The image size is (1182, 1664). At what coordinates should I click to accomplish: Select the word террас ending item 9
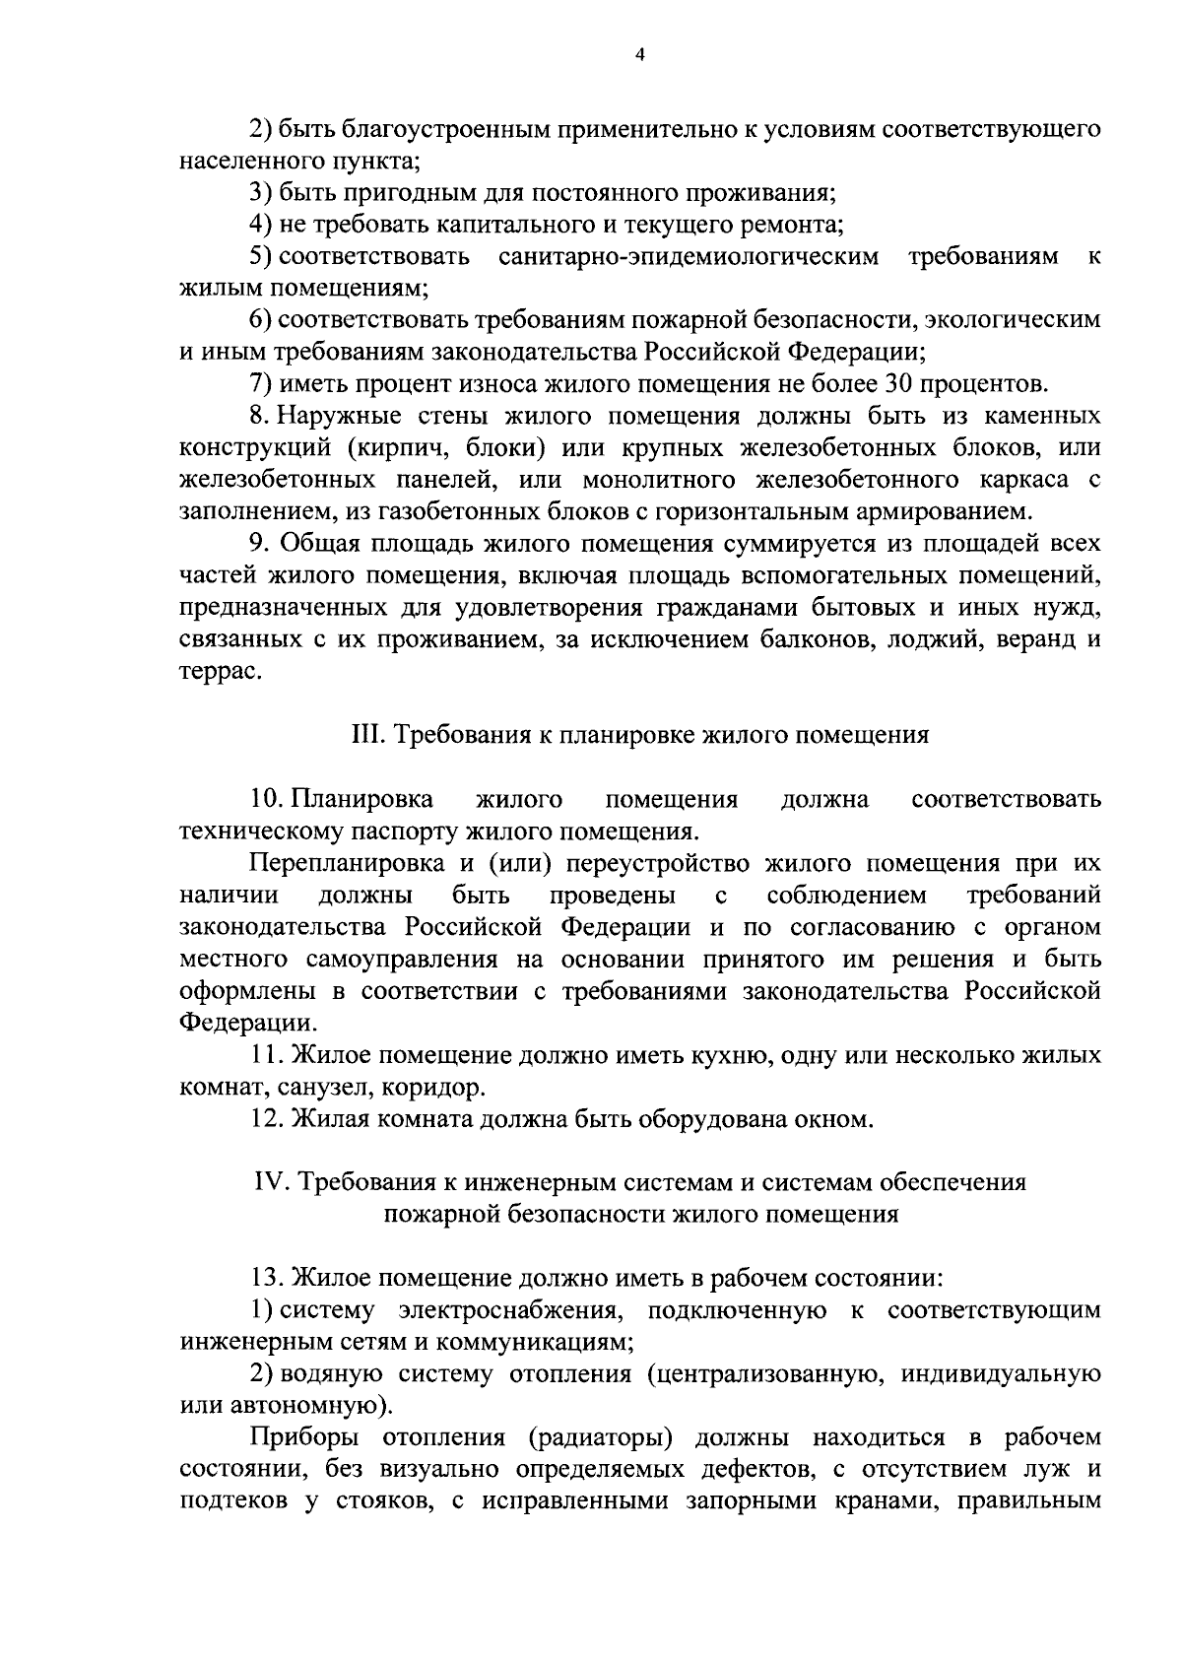pyautogui.click(x=221, y=672)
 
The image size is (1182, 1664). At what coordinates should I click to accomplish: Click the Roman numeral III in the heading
pyautogui.click(x=365, y=735)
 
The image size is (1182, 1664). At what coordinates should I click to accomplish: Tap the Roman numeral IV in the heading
pyautogui.click(x=269, y=1182)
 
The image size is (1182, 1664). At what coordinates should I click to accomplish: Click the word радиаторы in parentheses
pyautogui.click(x=600, y=1437)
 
